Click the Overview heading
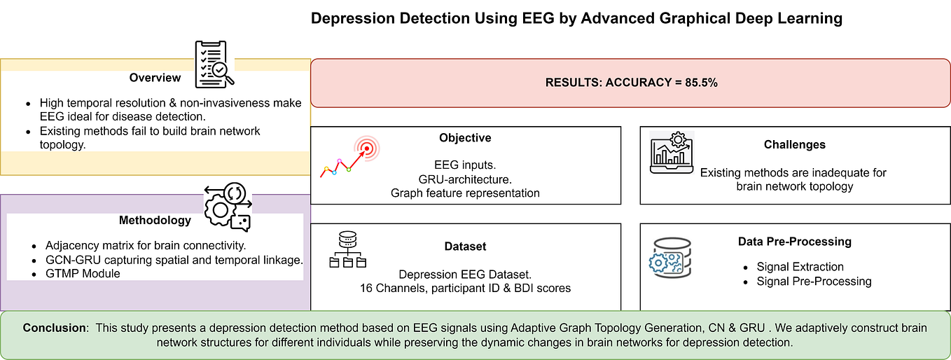[x=155, y=78]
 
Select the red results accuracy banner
[x=630, y=83]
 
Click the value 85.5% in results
[x=701, y=83]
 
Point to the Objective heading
[x=465, y=138]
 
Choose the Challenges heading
[x=794, y=145]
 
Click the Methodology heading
[x=155, y=220]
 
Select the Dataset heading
[x=465, y=247]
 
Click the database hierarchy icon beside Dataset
[x=347, y=250]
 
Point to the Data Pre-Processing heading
[x=794, y=242]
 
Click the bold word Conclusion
[x=56, y=328]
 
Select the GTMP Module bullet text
[x=83, y=273]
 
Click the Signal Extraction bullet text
[x=800, y=267]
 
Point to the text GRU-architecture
[x=465, y=178]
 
